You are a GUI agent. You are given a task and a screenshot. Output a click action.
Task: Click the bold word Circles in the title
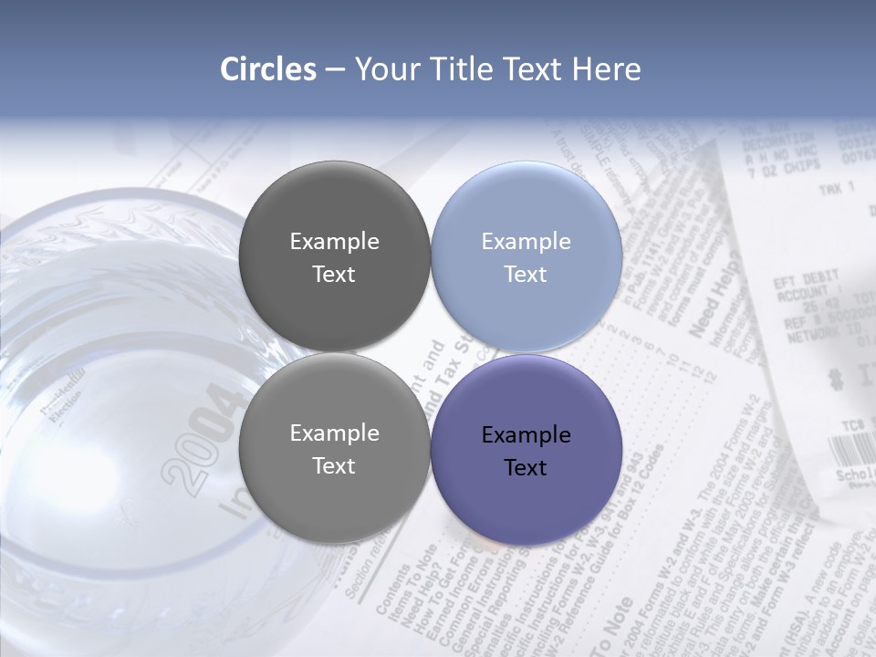[x=268, y=69]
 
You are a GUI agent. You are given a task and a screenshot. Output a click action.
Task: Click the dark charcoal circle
[x=334, y=256]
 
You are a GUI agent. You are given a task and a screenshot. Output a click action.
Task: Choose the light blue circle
[x=526, y=256]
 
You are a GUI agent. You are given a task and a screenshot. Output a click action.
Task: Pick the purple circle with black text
[x=526, y=450]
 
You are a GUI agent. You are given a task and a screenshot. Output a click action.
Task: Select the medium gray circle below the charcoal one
[x=334, y=448]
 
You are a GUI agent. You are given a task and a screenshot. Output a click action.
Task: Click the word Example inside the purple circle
[x=526, y=434]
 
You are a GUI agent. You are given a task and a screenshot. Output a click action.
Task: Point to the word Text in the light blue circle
[x=526, y=274]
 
